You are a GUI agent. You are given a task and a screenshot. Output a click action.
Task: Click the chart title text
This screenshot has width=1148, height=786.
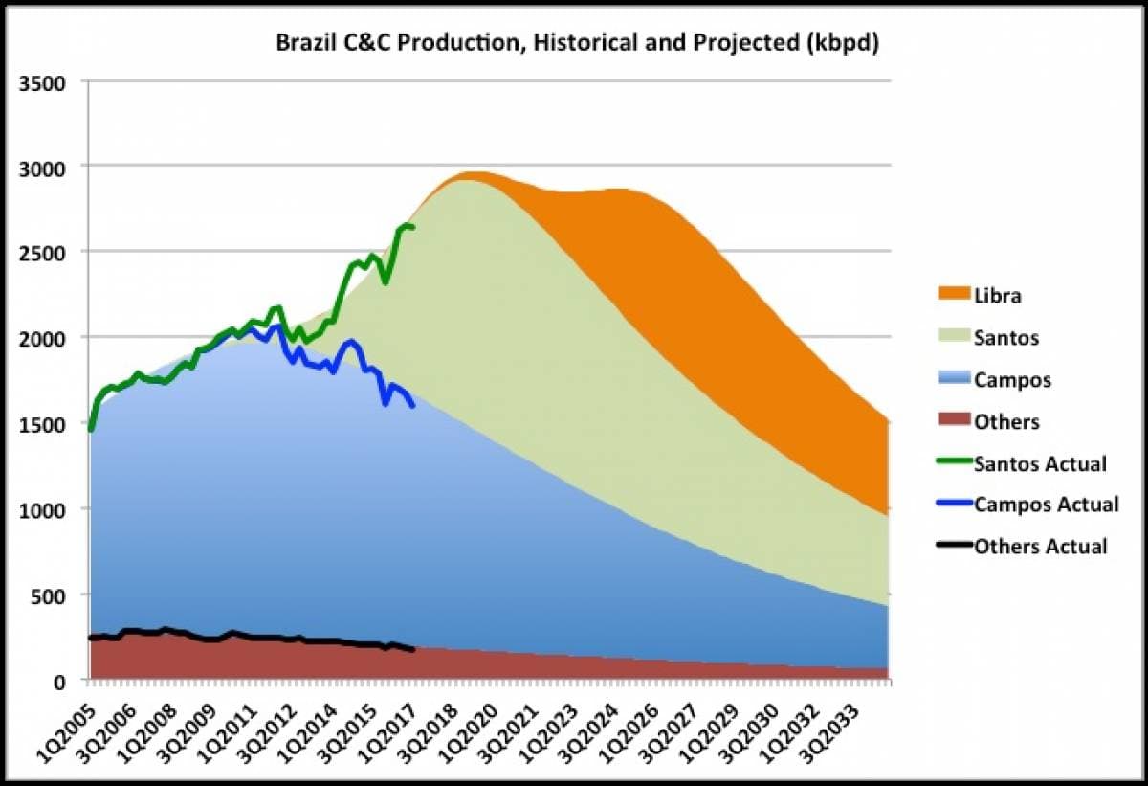(x=577, y=44)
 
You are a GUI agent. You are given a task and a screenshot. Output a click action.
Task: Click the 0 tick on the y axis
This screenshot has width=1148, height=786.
(x=58, y=681)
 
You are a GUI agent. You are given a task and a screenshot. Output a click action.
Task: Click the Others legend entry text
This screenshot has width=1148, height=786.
(x=1006, y=422)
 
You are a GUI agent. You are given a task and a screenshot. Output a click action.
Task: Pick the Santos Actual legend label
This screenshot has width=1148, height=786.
(x=1040, y=464)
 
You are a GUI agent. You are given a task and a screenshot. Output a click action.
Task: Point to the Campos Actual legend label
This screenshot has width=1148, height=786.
(x=1046, y=505)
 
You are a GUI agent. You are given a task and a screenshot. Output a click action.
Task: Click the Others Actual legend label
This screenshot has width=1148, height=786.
(x=1041, y=547)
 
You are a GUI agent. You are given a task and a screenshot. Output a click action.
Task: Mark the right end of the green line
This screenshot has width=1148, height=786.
(x=412, y=227)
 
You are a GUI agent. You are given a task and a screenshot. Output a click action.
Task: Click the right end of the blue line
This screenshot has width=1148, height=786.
(x=412, y=406)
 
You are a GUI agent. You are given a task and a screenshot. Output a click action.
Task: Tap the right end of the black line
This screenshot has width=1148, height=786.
(x=412, y=650)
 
